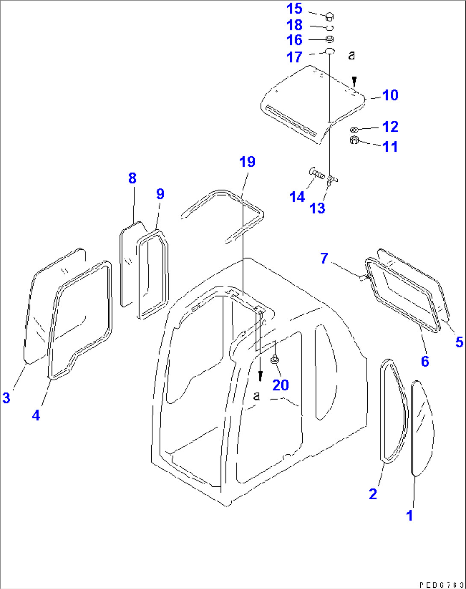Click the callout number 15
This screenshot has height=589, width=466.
coord(294,9)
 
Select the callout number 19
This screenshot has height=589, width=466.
coord(247,162)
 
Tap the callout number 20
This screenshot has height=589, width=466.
coord(280,385)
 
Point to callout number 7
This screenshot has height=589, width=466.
coord(324,258)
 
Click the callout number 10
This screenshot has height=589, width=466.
coord(390,95)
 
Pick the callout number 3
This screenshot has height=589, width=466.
coord(6,398)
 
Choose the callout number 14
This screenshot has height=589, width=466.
coord(297,197)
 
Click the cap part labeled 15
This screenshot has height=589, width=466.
coord(330,17)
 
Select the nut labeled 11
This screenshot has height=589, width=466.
coord(354,140)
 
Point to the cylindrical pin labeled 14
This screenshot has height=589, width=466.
coord(317,174)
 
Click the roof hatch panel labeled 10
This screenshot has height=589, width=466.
coord(312,105)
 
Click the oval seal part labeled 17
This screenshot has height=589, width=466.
coord(329,51)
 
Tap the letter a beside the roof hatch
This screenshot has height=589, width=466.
coord(352,56)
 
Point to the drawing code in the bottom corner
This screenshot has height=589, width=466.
coord(441,584)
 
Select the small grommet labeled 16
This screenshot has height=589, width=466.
coord(330,40)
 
